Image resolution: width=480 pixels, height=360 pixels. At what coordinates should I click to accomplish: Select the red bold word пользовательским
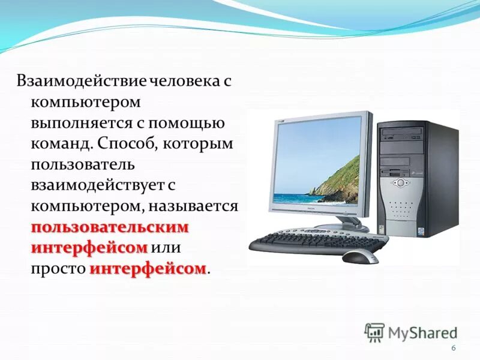pyautogui.click(x=110, y=227)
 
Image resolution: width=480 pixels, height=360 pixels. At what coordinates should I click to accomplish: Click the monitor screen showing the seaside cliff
pyautogui.click(x=317, y=163)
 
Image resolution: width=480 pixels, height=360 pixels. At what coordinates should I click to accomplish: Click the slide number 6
pyautogui.click(x=453, y=349)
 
